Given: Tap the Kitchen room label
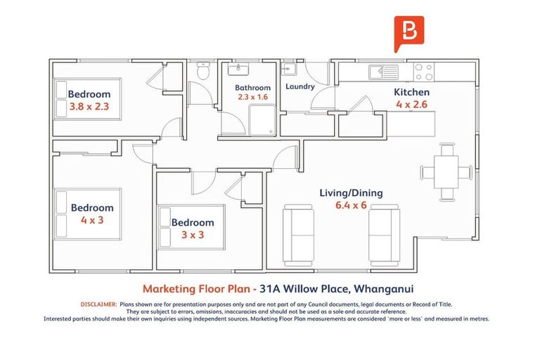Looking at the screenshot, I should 411,92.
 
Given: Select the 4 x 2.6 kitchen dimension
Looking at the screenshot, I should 411,104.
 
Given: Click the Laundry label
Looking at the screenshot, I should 300,87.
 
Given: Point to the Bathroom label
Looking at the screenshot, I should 252,88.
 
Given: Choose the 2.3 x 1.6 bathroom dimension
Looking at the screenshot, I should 252,98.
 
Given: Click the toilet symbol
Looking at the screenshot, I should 203,72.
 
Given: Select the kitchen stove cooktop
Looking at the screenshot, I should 423,71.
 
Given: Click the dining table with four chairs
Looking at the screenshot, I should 446,172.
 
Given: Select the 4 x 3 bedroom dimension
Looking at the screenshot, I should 91,220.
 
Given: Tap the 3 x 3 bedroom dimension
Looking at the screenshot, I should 193,235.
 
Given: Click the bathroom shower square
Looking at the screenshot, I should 262,121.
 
